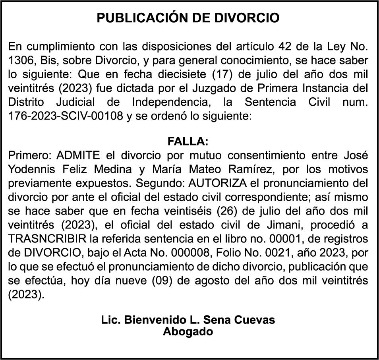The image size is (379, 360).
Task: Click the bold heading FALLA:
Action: tap(188, 141)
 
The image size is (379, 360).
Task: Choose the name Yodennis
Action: tap(31, 168)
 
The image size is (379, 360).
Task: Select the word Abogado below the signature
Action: tap(188, 331)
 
